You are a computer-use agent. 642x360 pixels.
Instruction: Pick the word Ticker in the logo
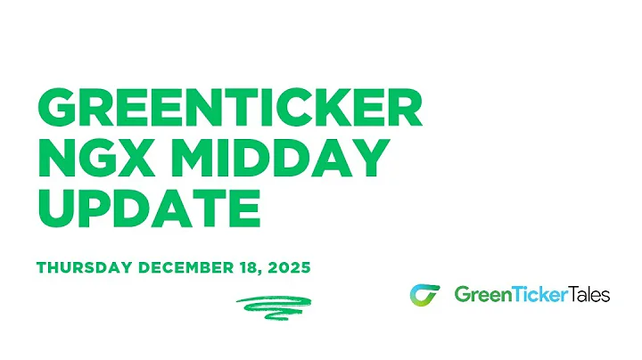click(x=536, y=294)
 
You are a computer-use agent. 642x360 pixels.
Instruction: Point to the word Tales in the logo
click(x=589, y=294)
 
